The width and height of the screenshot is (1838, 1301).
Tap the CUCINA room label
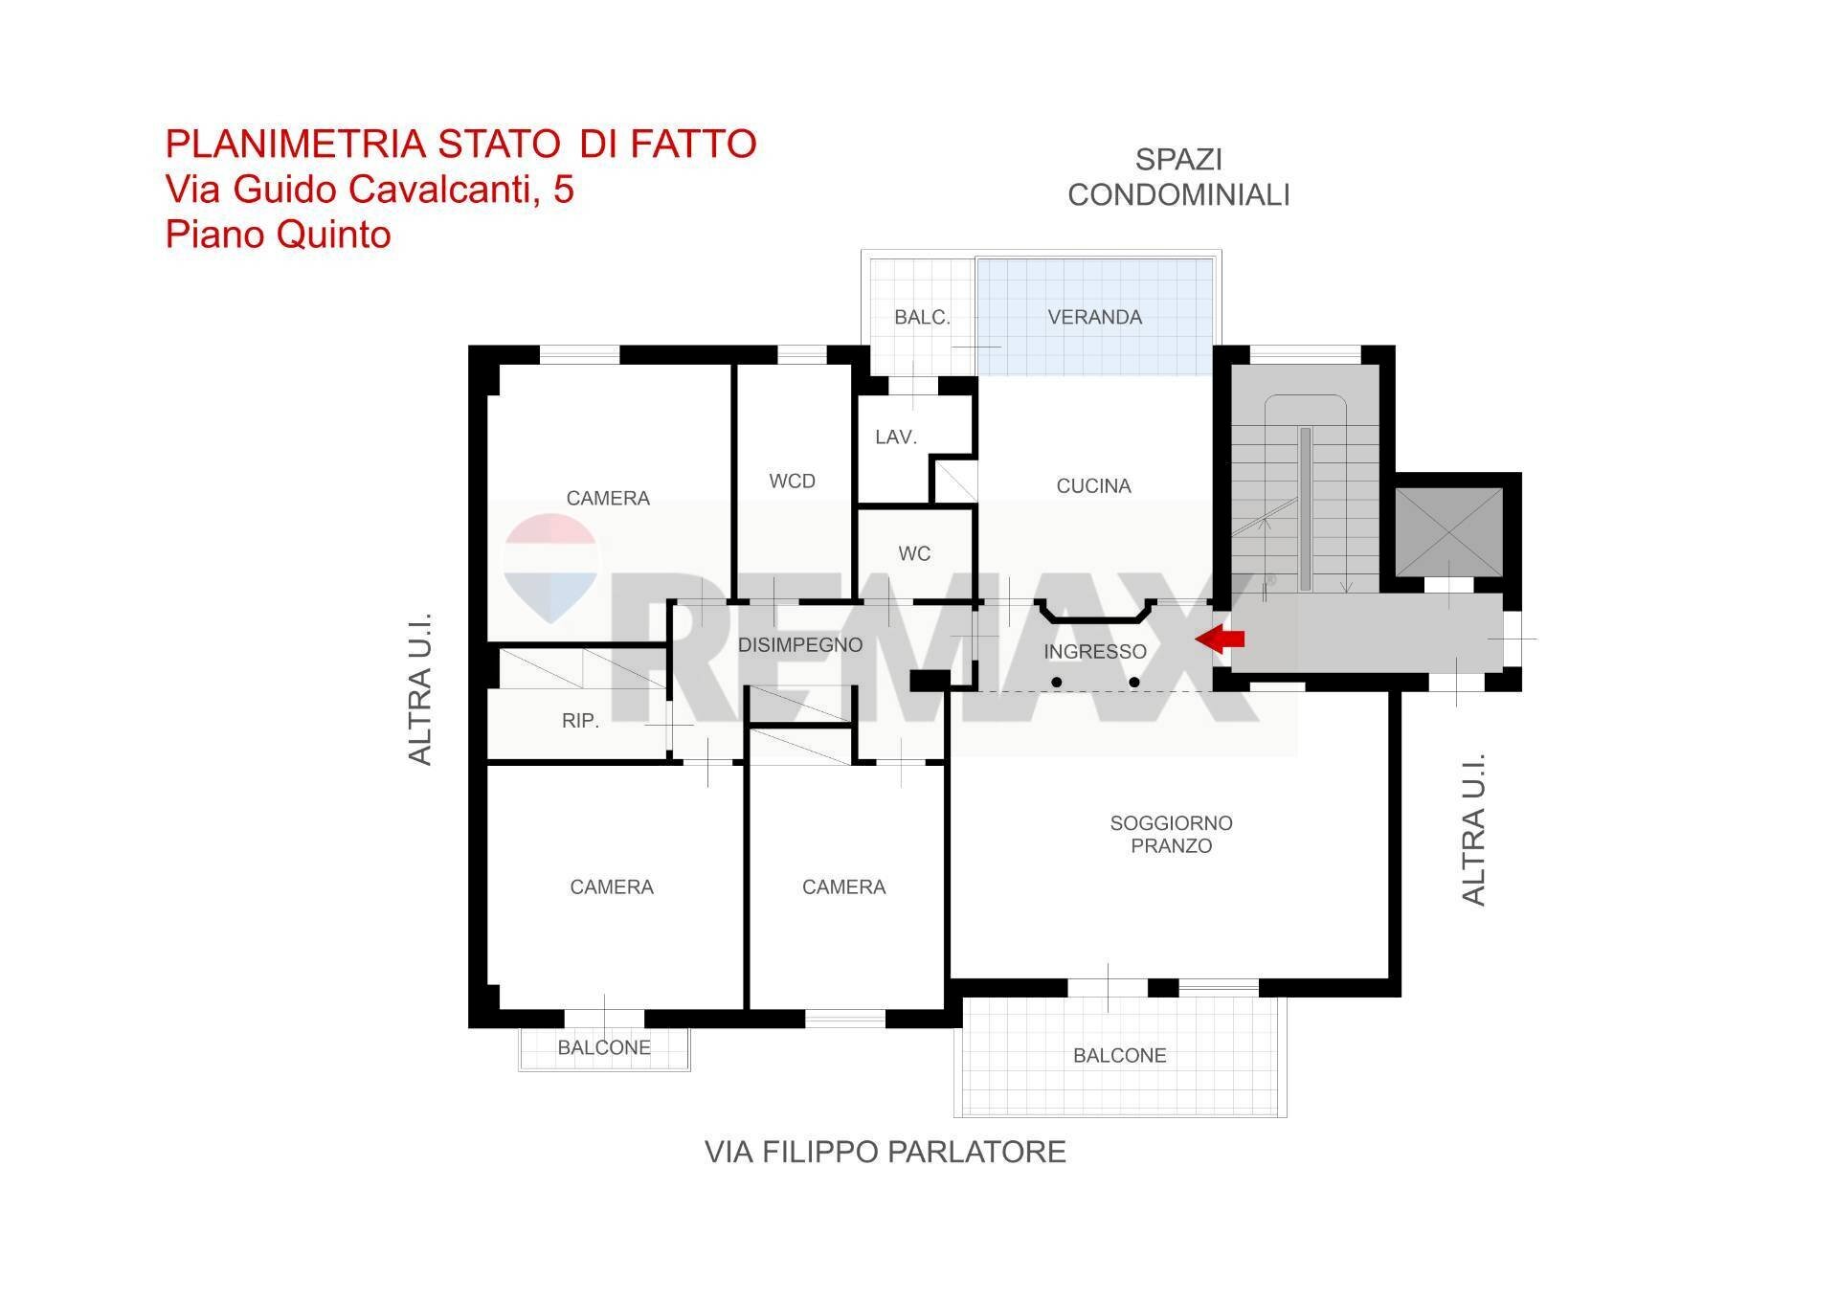[x=1093, y=486]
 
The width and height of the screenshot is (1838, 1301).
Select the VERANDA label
[x=1094, y=317]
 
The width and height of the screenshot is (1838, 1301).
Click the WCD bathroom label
[x=792, y=481]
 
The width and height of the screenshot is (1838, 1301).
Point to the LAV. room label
[x=896, y=437]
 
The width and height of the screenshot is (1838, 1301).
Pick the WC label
[x=914, y=553]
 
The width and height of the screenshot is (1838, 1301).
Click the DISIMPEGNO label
[x=800, y=645]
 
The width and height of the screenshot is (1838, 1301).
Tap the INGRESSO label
[x=1094, y=652]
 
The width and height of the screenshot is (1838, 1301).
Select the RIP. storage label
[x=580, y=721]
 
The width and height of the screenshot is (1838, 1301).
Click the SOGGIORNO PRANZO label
[x=1171, y=834]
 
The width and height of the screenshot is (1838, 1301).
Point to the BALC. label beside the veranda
[x=922, y=317]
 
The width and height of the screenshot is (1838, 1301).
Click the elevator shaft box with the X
[x=1448, y=532]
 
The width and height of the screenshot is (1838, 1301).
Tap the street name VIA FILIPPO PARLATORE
[x=885, y=1152]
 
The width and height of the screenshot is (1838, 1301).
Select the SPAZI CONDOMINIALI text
[x=1178, y=177]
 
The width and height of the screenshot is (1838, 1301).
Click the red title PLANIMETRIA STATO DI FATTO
[x=460, y=144]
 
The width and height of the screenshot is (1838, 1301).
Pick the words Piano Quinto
[x=278, y=235]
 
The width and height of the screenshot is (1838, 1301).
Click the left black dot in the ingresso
[x=1056, y=683]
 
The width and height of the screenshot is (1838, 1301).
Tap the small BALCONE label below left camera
[x=604, y=1047]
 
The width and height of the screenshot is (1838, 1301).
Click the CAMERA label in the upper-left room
[x=608, y=498]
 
